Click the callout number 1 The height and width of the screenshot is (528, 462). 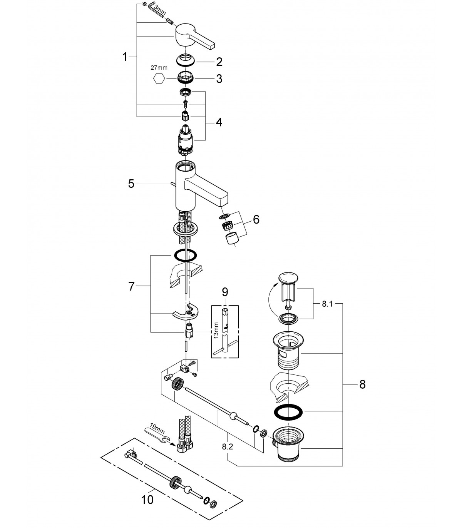[x=125, y=57]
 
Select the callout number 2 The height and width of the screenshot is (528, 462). [x=219, y=62]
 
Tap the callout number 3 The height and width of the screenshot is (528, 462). [x=219, y=79]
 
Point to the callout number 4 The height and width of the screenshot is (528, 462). [x=219, y=122]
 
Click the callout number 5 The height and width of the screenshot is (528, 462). [x=131, y=184]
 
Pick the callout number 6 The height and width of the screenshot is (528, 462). [x=256, y=220]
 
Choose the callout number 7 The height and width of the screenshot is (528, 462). [x=132, y=286]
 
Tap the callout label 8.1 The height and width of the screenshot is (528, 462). [x=327, y=304]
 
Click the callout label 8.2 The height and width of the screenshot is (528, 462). [x=228, y=447]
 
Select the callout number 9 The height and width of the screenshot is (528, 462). [x=225, y=292]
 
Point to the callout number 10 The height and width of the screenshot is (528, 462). [x=147, y=500]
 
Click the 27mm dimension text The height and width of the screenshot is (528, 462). [x=159, y=68]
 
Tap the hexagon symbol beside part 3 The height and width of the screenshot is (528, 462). [x=159, y=79]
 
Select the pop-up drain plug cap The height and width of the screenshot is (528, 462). [x=288, y=278]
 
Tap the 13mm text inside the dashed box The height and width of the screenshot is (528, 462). [x=216, y=330]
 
